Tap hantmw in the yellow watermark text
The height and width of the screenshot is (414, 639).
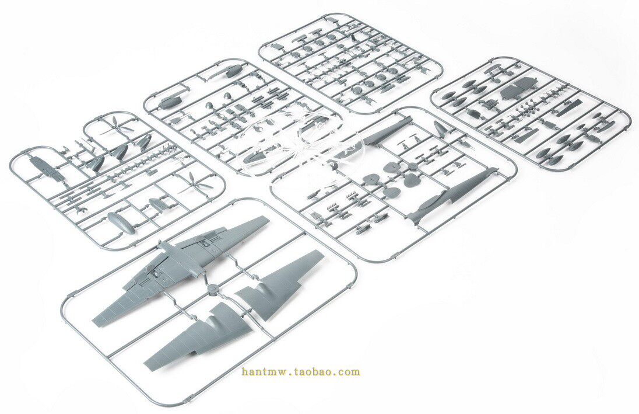[x=260, y=371]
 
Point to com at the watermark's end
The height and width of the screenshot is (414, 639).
[x=350, y=371]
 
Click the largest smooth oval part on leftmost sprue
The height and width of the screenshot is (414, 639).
[x=121, y=222]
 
